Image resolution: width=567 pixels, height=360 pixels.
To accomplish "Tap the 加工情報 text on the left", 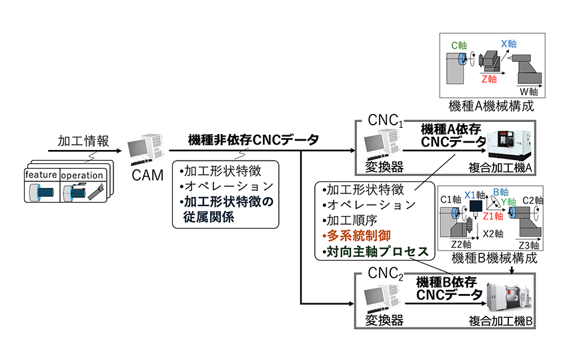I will coord(78,141).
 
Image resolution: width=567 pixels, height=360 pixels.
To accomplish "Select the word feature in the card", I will coord(41,175).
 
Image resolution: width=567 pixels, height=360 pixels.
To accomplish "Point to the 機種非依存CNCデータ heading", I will coord(253,141).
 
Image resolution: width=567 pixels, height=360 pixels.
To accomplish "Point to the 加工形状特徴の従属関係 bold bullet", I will coord(219,209).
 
